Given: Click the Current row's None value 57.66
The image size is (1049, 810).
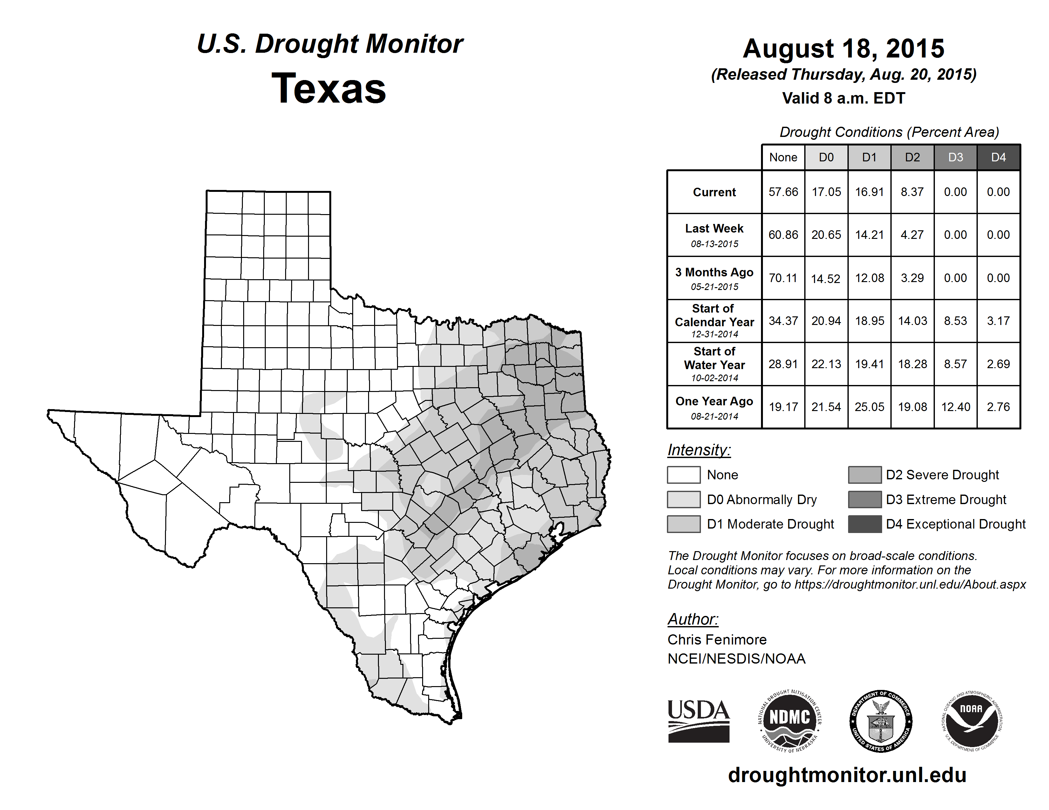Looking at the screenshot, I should point(783,192).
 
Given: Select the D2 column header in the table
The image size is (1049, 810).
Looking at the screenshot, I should point(912,157).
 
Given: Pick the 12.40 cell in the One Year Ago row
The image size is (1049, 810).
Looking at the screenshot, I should point(955,407).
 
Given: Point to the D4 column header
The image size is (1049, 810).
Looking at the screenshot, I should point(998,157).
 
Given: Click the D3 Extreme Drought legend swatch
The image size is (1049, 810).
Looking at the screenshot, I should point(865,500).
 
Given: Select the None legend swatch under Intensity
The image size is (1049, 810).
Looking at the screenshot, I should point(683,475).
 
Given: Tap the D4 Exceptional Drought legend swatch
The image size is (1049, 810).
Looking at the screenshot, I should point(865,524).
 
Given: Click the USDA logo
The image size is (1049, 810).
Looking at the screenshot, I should point(698,721).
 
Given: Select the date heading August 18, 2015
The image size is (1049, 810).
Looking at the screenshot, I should point(843,49).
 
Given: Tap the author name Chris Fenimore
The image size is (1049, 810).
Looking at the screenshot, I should point(716,640).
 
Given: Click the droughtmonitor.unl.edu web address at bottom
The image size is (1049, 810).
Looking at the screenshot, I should point(847,775).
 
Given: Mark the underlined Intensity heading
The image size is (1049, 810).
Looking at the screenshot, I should point(699,450).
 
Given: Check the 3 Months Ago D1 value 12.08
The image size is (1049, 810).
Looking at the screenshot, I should point(869,278).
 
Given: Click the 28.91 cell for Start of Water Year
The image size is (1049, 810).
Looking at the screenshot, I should point(783,364).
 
